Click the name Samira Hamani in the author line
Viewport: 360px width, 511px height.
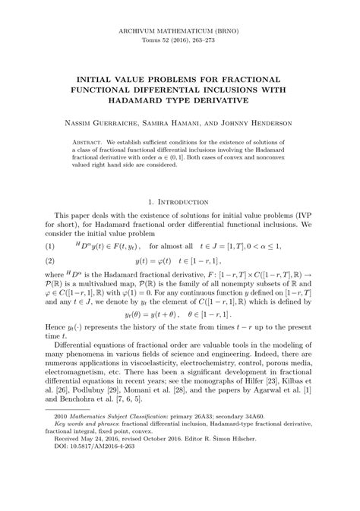(178, 122)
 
